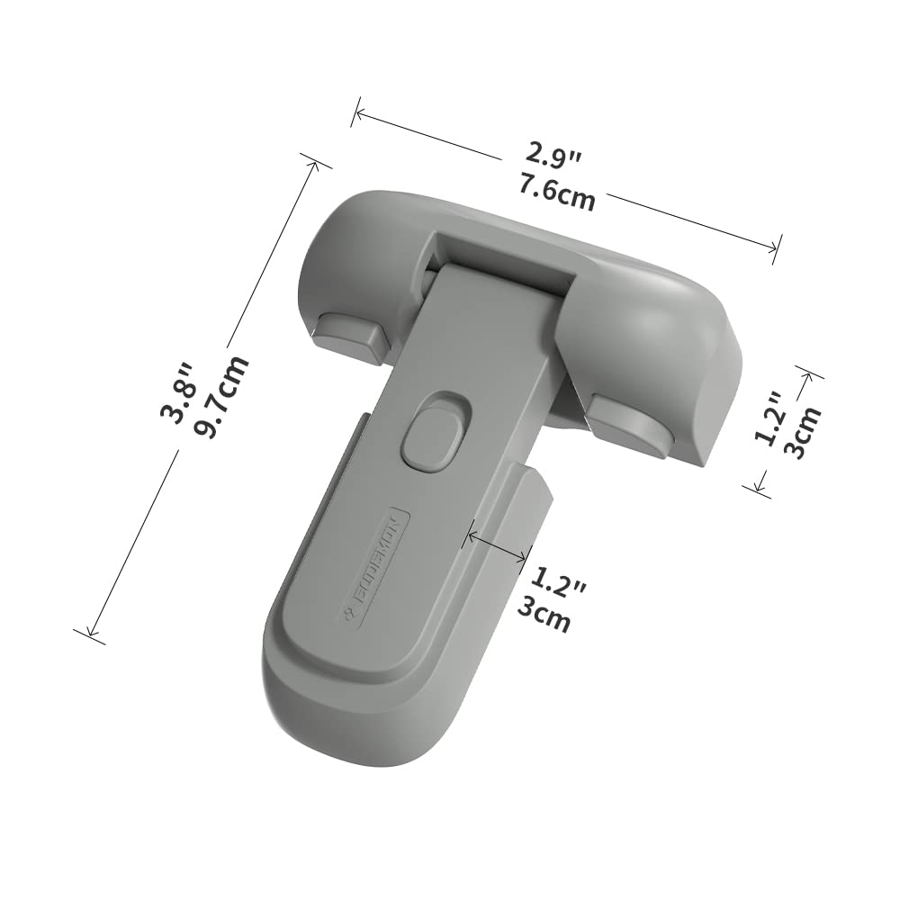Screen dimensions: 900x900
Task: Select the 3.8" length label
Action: point(177,392)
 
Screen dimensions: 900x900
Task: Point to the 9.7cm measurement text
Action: point(221,398)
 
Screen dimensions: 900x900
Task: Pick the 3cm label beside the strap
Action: point(544,618)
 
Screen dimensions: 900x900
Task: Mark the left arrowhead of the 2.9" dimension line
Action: point(356,112)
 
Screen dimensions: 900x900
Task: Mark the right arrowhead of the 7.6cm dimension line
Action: point(776,249)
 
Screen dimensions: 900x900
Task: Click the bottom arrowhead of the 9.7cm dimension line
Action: point(89,635)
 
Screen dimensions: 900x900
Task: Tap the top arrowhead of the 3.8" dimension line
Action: point(316,162)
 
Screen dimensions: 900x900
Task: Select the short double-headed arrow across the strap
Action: point(494,547)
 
